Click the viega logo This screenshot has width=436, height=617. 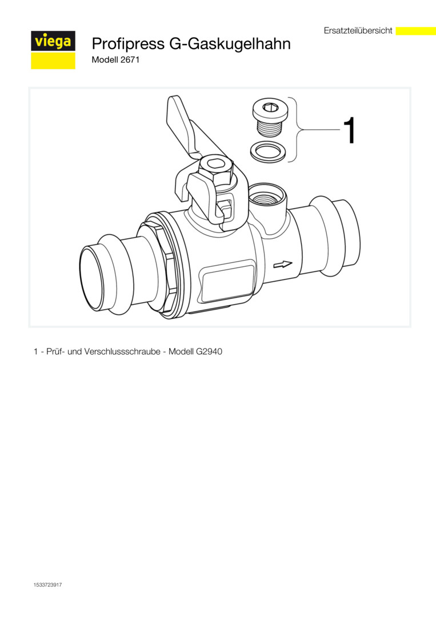pos(53,50)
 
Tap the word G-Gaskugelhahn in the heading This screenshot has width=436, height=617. pos(230,43)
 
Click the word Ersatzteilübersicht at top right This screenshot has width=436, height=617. pos(358,30)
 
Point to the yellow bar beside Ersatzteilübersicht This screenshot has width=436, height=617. pos(415,31)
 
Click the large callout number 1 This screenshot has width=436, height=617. pos(350,130)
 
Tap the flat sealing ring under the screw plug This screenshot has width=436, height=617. pos(267,151)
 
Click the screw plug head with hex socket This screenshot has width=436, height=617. pos(270,108)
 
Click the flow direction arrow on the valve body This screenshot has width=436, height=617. pos(283,265)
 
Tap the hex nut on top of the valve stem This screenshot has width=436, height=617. pos(216,169)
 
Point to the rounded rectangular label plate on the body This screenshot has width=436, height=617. pos(228,281)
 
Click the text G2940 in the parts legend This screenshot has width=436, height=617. pos(209,351)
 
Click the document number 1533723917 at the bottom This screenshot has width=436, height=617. pos(47,585)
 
